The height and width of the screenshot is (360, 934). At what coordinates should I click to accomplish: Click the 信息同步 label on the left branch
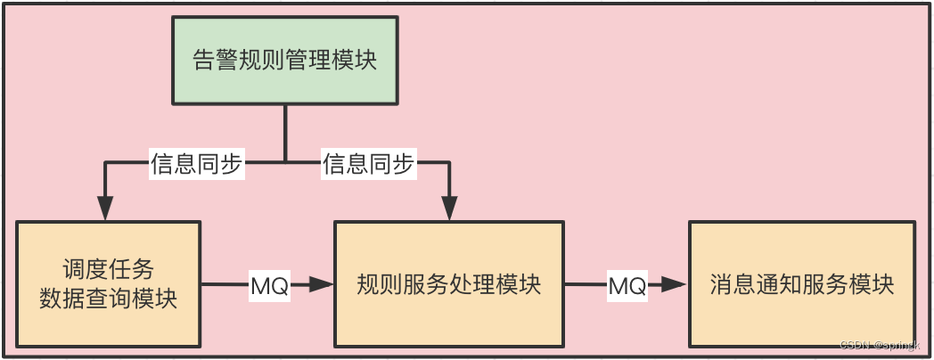[x=195, y=164]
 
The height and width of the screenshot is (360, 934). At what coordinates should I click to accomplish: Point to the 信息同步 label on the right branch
[x=369, y=164]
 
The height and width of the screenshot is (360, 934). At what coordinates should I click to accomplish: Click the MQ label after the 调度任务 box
[x=268, y=286]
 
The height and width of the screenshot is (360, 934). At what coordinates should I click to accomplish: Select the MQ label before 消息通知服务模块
[x=627, y=286]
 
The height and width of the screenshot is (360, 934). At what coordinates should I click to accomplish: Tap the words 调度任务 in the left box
[x=109, y=270]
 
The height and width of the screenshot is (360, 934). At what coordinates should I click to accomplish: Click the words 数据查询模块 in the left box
[x=109, y=299]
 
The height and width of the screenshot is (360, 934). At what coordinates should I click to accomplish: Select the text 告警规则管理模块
[x=284, y=60]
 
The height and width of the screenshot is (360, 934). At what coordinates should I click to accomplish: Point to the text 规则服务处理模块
[x=449, y=285]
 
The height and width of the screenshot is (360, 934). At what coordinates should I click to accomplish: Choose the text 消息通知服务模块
[x=801, y=285]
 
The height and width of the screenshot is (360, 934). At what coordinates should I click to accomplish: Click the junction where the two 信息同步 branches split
[x=284, y=162]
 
